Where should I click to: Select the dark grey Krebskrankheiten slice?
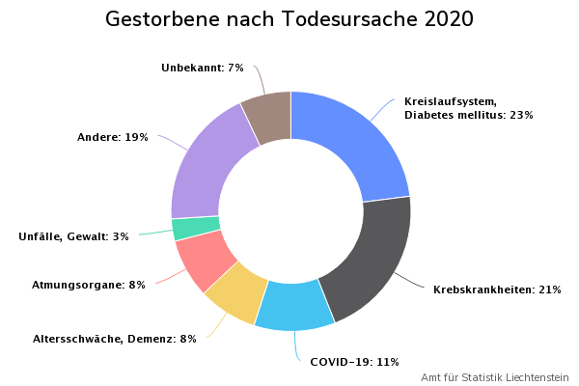click(x=372, y=256)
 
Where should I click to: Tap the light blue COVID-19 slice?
click(x=294, y=305)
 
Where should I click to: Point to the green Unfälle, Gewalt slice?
click(x=196, y=229)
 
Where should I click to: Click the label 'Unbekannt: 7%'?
click(x=203, y=69)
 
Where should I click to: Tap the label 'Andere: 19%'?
click(x=113, y=138)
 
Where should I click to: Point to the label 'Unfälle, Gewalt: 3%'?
click(x=73, y=236)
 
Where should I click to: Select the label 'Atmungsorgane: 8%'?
click(x=89, y=285)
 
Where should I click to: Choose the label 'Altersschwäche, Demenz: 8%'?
click(x=115, y=339)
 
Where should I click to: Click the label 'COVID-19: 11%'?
click(x=354, y=362)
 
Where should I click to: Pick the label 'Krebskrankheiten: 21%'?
click(x=497, y=289)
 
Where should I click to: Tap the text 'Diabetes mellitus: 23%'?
click(x=469, y=115)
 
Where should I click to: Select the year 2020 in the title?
click(x=449, y=20)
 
